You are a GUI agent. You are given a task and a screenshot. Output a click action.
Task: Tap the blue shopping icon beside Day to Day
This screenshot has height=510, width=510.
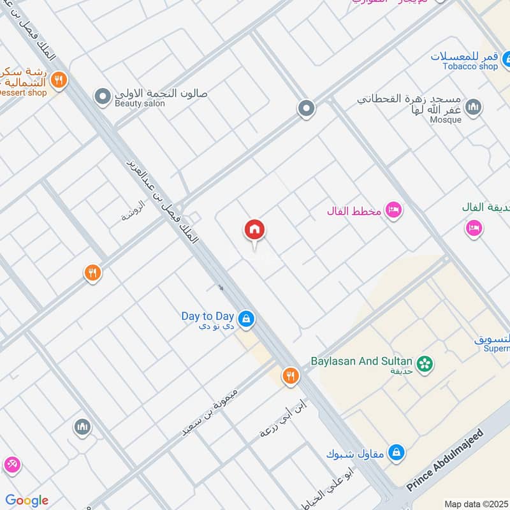click(x=246, y=317)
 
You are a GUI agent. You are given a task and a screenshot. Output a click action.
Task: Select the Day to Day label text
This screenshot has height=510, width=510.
click(x=207, y=316)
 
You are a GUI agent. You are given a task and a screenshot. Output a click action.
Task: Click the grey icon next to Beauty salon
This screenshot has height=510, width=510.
click(x=102, y=97)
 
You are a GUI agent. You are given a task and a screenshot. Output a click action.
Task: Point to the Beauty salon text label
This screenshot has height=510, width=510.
click(x=140, y=104)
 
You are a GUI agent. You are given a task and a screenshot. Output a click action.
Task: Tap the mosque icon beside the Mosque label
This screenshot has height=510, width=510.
click(x=472, y=106)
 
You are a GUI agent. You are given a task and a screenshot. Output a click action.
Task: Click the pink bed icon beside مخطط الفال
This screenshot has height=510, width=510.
click(x=394, y=210)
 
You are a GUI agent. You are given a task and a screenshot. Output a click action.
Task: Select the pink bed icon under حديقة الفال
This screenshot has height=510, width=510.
click(x=473, y=227)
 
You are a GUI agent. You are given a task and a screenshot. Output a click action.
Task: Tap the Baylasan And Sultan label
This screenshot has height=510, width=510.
click(x=361, y=361)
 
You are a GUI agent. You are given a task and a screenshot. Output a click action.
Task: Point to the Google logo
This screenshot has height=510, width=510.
click(x=27, y=500)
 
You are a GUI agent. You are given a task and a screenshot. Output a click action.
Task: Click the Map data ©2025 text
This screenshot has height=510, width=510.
click(x=476, y=504)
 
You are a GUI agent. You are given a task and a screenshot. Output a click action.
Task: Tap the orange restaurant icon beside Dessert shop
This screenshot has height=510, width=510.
click(x=59, y=80)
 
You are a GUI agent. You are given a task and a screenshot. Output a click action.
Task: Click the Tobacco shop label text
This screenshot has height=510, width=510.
click(x=470, y=66)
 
